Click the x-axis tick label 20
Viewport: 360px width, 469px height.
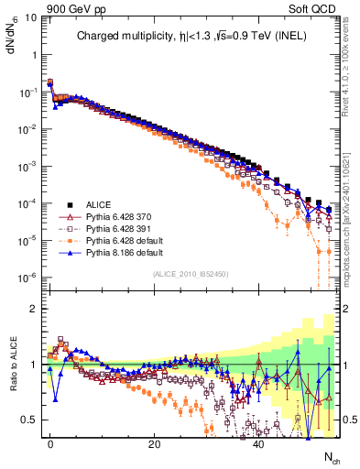pos(155,442)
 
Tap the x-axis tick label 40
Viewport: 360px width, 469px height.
pos(259,442)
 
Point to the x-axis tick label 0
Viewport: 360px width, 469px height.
pos(50,442)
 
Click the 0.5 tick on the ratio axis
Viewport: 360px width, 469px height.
pos(29,420)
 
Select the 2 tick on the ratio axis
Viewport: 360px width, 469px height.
pos(33,309)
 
